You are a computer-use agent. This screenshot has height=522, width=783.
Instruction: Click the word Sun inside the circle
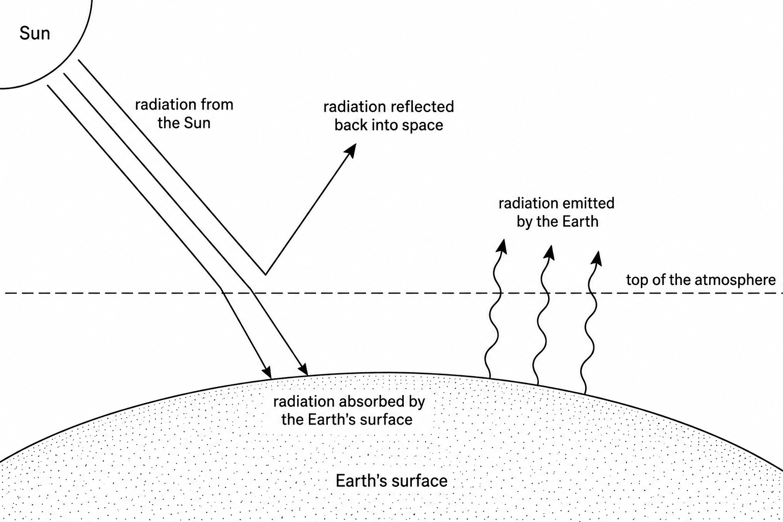pos(35,34)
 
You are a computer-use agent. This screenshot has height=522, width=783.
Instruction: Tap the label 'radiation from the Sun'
pos(184,114)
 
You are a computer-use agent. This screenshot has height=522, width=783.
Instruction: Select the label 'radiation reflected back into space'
pos(389,116)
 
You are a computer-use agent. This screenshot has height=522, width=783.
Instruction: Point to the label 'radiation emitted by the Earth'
pos(557,212)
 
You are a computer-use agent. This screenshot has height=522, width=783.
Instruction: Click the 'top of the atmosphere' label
pos(701,280)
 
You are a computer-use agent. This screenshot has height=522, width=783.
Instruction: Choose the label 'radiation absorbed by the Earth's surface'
pos(349,410)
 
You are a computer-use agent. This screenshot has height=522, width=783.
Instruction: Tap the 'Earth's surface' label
pos(391,481)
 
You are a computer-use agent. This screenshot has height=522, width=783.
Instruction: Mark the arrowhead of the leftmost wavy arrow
pos(502,246)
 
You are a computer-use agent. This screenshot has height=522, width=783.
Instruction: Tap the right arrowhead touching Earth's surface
pos(304,370)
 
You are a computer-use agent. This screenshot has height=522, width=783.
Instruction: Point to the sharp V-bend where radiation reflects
pos(265,275)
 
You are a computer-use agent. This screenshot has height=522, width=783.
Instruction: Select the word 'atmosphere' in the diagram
pos(735,280)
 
